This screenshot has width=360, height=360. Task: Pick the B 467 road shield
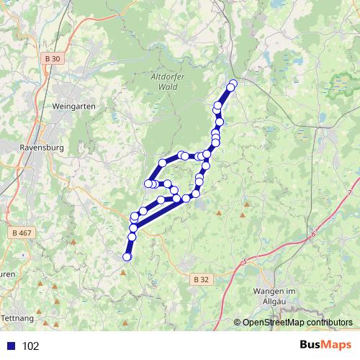point(24,233)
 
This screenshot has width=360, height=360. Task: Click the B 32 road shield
point(202,279)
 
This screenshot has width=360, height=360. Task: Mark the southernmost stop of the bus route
point(127,256)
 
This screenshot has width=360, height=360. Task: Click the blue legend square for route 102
point(10,346)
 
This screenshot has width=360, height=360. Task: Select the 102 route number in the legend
point(31,346)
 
